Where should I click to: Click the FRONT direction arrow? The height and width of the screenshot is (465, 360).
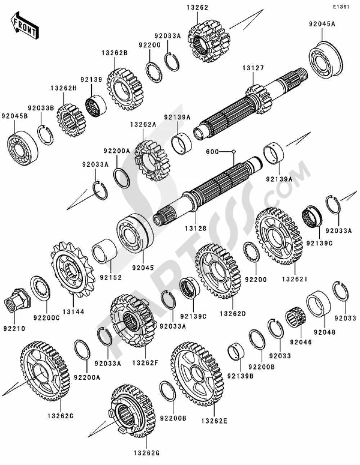click(x=24, y=25)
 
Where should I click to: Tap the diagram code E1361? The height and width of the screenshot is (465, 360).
click(x=341, y=7)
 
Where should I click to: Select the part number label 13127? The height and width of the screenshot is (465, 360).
click(x=253, y=68)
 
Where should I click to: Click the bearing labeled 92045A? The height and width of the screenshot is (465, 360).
click(x=325, y=58)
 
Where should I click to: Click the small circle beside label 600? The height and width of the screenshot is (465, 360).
click(x=234, y=152)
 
